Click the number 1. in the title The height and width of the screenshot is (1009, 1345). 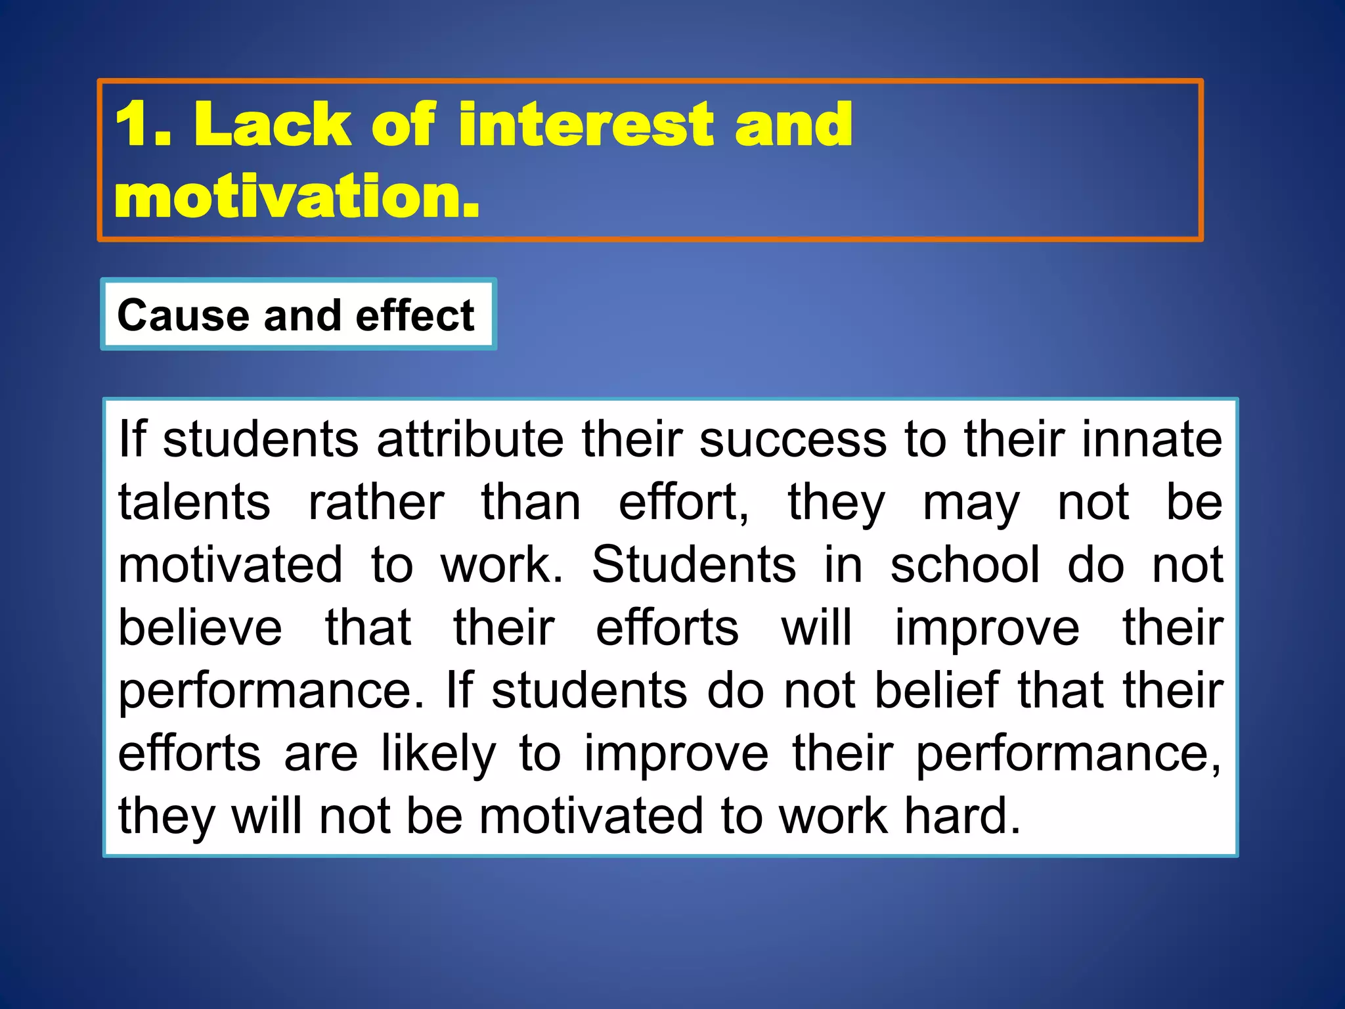pyautogui.click(x=143, y=124)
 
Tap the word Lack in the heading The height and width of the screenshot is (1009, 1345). pyautogui.click(x=273, y=124)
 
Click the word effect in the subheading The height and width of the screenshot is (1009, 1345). pyautogui.click(x=414, y=315)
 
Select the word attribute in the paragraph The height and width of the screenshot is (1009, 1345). pyautogui.click(x=470, y=439)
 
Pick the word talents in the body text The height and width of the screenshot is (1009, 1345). pyautogui.click(x=194, y=502)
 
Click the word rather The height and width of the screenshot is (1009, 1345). pyautogui.click(x=376, y=502)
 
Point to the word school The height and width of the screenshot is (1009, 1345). pyautogui.click(x=965, y=565)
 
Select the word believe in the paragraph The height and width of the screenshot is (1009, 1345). pyautogui.click(x=200, y=628)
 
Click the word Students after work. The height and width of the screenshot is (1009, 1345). pyautogui.click(x=694, y=565)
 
